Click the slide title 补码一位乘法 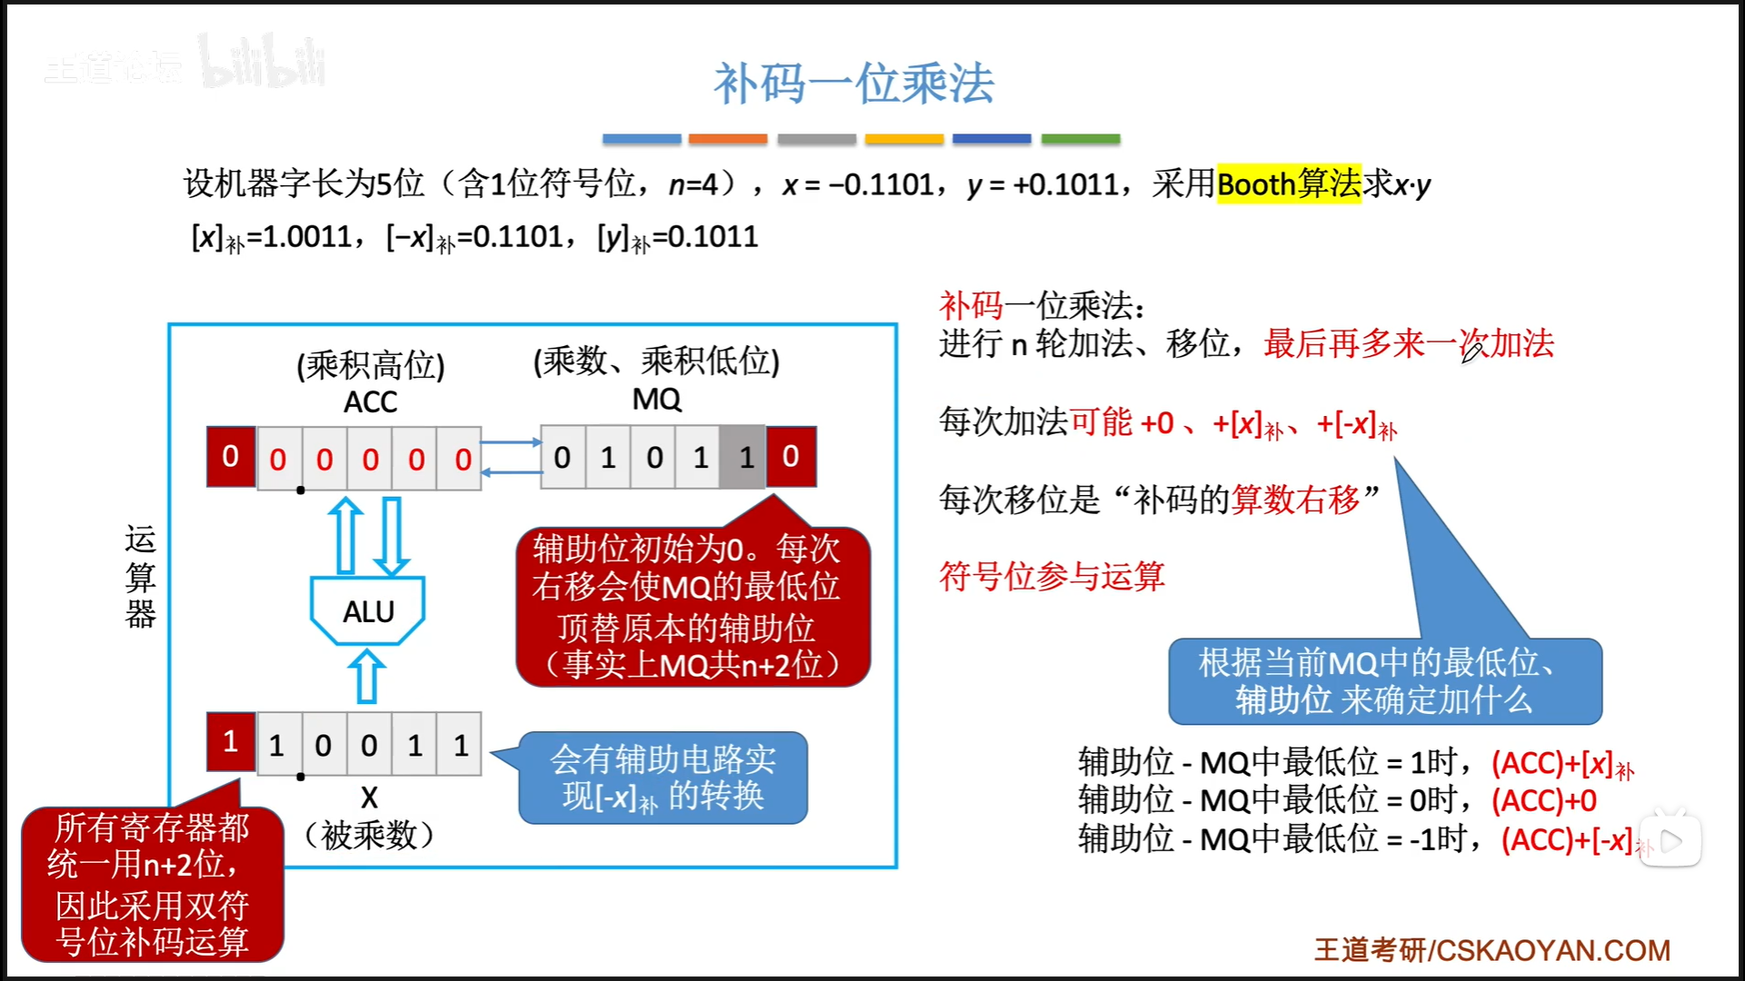click(853, 84)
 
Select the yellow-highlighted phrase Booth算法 click(1289, 184)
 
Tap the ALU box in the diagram click(368, 611)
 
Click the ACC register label click(370, 401)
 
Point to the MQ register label click(656, 399)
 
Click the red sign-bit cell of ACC click(231, 457)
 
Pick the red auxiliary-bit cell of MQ click(791, 457)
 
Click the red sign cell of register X click(231, 742)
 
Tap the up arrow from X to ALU click(367, 677)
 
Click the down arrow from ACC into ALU click(392, 536)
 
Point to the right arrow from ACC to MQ click(511, 442)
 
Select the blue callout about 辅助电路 click(663, 778)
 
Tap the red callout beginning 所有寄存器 click(153, 884)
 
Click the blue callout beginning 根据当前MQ click(1384, 681)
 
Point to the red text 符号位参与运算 click(1052, 576)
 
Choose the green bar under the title click(1080, 139)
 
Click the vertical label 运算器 click(141, 577)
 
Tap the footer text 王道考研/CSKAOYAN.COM click(1491, 950)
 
